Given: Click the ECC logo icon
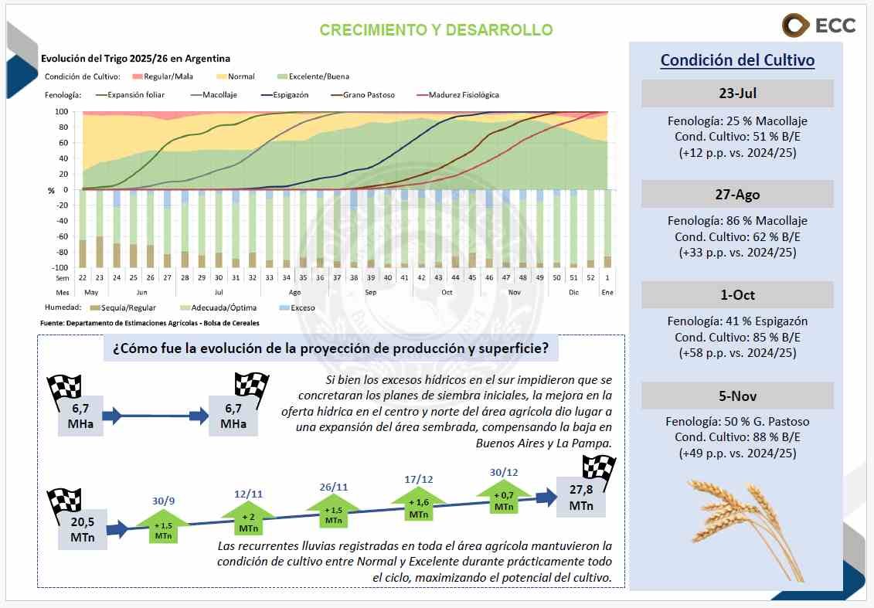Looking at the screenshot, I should click(x=795, y=25).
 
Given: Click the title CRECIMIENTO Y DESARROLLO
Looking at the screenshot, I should click(x=436, y=30).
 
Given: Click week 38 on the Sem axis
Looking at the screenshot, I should click(x=353, y=277).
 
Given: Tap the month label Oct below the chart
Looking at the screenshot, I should click(x=447, y=293).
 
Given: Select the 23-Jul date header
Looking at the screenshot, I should click(x=736, y=93).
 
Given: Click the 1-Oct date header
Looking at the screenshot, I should click(x=736, y=295).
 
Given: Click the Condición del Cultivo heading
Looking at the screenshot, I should click(x=737, y=60).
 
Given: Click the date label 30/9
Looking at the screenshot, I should click(x=163, y=501).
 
